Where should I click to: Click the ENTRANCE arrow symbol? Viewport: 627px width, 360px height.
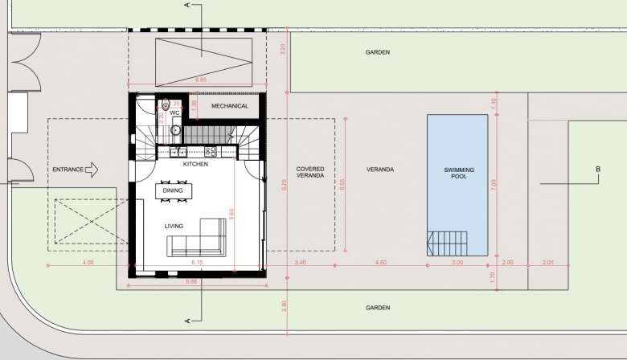click(92, 170)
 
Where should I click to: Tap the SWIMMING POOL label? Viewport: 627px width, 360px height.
click(459, 173)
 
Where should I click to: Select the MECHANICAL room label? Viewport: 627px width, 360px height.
click(230, 106)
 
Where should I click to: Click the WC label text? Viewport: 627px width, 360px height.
click(174, 113)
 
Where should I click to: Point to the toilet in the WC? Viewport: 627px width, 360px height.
click(166, 104)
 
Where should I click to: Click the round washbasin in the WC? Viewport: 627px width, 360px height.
click(175, 130)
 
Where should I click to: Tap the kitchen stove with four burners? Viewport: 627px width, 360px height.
click(211, 151)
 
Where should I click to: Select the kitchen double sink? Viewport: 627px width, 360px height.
click(178, 152)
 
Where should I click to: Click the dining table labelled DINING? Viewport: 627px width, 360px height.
click(174, 190)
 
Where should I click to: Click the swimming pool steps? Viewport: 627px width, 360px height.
click(447, 243)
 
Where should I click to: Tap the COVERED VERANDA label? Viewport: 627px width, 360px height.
click(310, 172)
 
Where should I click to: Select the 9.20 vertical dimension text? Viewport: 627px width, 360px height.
click(285, 185)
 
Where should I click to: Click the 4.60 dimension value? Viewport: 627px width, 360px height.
click(381, 263)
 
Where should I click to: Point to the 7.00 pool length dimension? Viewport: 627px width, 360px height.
click(494, 185)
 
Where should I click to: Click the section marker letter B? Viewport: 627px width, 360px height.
click(598, 169)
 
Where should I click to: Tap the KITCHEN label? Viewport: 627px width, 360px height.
click(195, 164)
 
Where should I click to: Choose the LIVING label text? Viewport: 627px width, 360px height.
click(174, 226)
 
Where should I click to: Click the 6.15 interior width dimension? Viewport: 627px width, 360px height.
click(197, 263)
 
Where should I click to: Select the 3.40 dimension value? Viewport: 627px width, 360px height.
click(301, 263)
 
